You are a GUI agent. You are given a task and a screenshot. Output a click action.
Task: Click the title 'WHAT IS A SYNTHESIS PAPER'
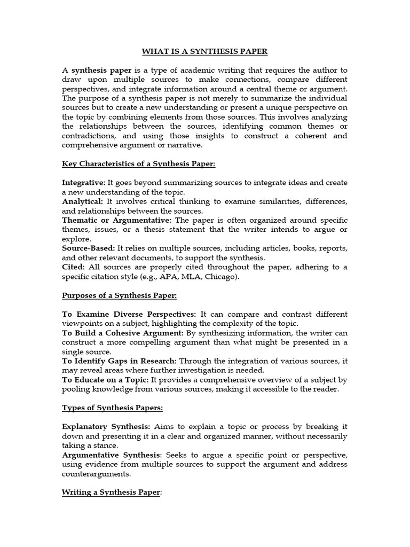[204, 51]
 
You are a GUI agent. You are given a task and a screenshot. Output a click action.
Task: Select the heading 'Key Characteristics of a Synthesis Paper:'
[139, 164]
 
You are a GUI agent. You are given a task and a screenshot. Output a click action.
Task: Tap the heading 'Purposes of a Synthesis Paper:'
[119, 295]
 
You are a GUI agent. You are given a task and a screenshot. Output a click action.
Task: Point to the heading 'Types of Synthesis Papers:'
[113, 408]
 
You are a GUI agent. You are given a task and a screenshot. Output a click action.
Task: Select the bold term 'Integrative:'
[83, 183]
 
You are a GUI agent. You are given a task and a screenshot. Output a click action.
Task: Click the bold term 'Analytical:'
[83, 201]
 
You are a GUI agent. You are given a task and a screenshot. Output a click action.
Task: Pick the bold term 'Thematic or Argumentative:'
[117, 220]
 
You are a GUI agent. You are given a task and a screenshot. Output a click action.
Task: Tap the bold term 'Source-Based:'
[88, 248]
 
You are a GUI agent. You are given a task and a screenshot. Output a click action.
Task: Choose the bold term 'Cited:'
[73, 267]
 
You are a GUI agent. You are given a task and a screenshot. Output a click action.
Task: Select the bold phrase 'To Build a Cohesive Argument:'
[122, 333]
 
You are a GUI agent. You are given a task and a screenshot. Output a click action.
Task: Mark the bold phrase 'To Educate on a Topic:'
[105, 380]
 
